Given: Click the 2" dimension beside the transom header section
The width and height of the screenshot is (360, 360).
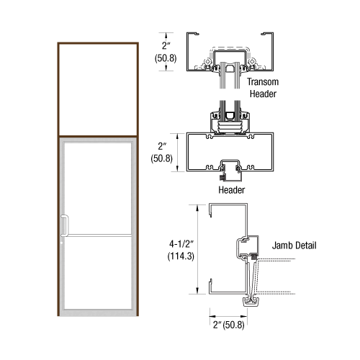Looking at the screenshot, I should coord(166,48).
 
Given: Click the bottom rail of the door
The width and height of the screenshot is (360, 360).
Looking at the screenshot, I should coord(96,311).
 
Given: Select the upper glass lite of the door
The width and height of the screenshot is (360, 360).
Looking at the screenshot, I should coord(96,188).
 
